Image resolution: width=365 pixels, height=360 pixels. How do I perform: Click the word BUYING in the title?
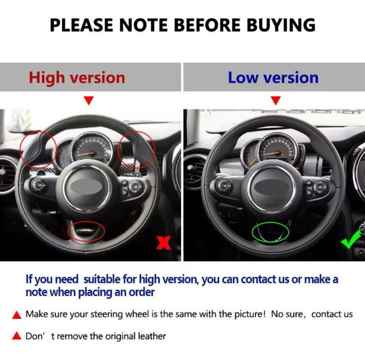click(281, 25)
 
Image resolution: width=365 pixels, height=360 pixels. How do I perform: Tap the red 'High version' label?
click(77, 78)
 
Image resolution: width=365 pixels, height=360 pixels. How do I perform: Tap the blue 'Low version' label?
click(273, 78)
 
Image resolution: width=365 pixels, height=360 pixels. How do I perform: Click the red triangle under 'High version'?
click(89, 100)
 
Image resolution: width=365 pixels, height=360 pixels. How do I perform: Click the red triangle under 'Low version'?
click(276, 100)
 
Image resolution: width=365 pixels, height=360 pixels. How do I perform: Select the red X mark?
click(163, 243)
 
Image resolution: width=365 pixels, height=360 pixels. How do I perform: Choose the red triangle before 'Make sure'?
click(16, 315)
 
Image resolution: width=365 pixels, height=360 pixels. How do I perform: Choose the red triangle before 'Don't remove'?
click(16, 336)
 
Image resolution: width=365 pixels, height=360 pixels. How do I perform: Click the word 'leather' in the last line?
click(152, 336)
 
